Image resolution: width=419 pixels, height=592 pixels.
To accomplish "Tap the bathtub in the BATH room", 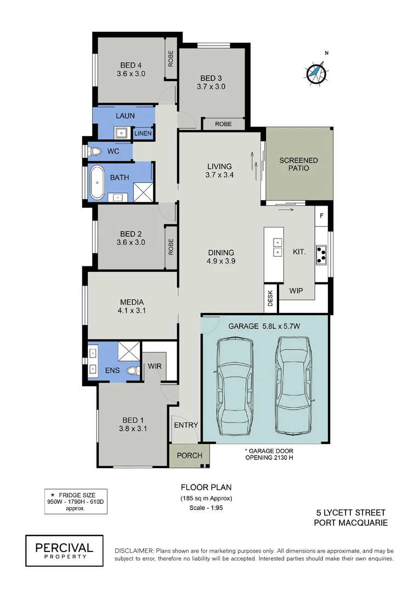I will tap(97, 182).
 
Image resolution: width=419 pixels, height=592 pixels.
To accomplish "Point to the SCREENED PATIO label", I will tap(298, 164).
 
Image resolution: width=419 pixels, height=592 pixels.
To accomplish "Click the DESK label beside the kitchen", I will tap(270, 299).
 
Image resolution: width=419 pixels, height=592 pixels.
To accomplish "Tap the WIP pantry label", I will tap(296, 291).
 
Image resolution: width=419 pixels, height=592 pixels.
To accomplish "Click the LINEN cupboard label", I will tap(143, 133).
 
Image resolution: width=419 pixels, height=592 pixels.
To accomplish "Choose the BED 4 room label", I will tap(131, 69).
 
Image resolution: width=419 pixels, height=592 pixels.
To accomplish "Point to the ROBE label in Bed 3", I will tap(223, 124).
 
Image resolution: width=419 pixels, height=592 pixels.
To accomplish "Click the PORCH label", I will tap(189, 456).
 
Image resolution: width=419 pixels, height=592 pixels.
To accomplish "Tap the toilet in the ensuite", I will tap(132, 371).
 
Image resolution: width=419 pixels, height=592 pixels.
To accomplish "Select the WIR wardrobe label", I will tap(154, 366).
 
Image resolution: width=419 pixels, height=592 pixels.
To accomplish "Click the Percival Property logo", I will tap(64, 550).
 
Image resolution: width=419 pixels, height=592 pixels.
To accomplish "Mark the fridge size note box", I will tap(70, 502).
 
